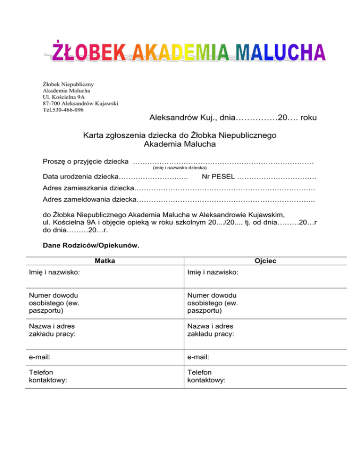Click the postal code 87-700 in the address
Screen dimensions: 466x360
(52, 103)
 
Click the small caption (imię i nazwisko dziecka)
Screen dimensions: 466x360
(180, 167)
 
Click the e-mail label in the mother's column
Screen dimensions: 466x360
(40, 357)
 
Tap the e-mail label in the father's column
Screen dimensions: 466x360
(198, 357)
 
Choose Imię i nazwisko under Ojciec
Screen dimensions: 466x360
(212, 272)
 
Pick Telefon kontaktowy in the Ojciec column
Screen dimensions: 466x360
(206, 376)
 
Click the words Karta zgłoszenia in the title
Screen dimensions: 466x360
(111, 135)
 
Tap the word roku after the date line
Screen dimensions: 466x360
(308, 117)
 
